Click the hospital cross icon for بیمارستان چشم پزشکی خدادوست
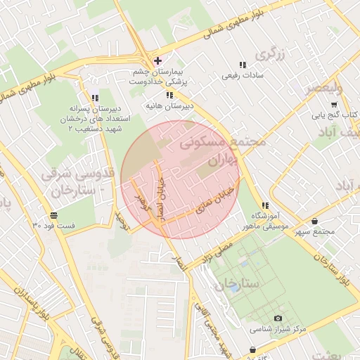[x=157, y=61]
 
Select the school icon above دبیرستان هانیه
[x=169, y=95]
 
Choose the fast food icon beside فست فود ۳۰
[x=53, y=214]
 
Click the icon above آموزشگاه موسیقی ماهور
[x=264, y=205]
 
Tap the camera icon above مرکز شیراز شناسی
[x=277, y=319]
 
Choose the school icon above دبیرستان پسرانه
[x=95, y=98]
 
